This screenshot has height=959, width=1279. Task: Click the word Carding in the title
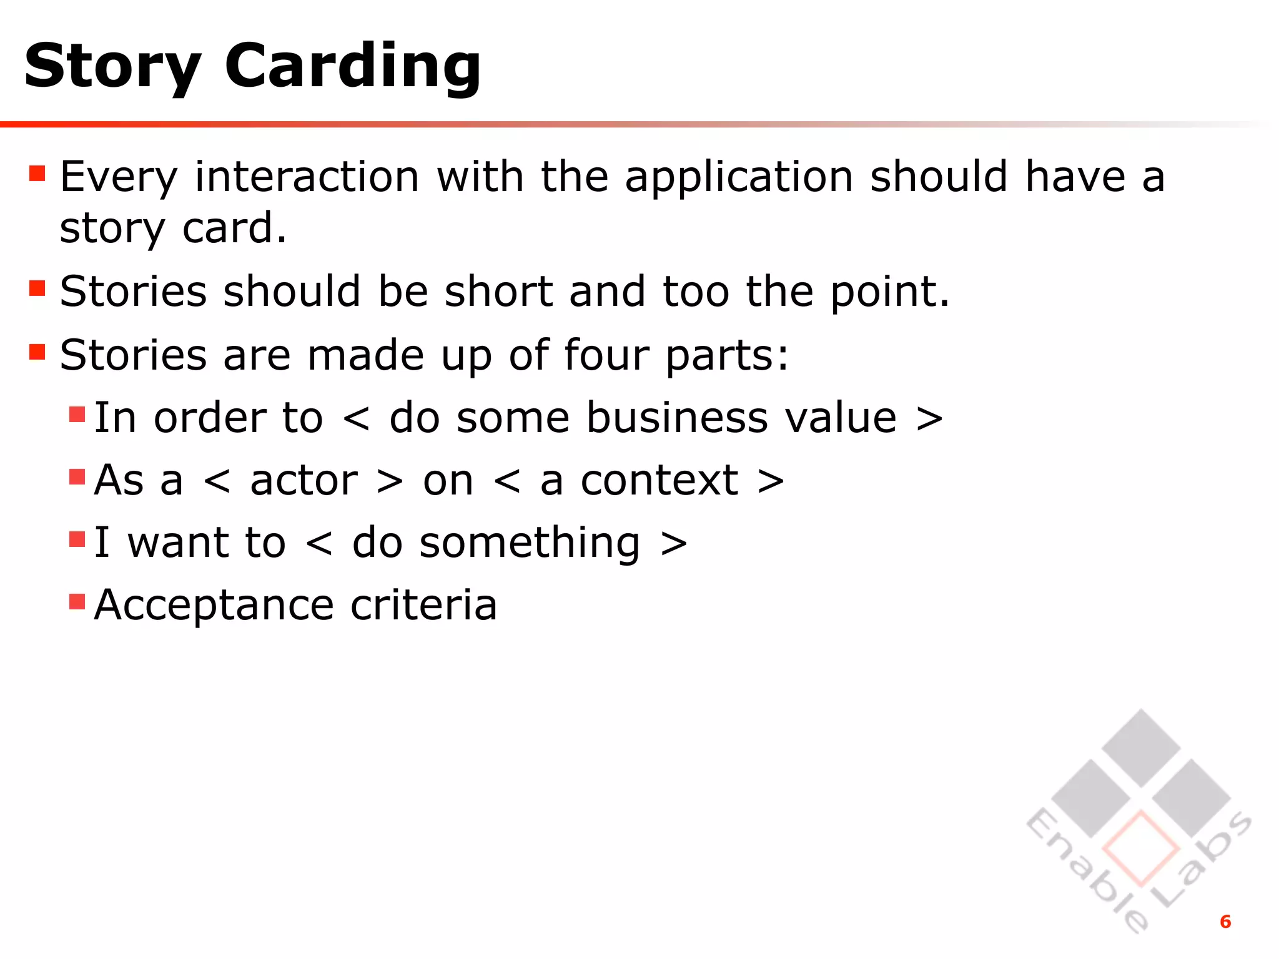353,66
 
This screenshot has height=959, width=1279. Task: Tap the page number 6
1225,922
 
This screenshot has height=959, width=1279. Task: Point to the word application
739,178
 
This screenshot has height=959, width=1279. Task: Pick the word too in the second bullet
696,292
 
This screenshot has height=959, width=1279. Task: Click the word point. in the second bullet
890,292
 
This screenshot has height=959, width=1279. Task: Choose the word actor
304,480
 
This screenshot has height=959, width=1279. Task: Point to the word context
659,480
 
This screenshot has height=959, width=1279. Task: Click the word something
530,543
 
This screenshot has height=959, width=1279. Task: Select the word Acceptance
214,605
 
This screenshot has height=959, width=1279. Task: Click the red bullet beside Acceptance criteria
77,601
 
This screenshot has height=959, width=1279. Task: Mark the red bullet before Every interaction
37,173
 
